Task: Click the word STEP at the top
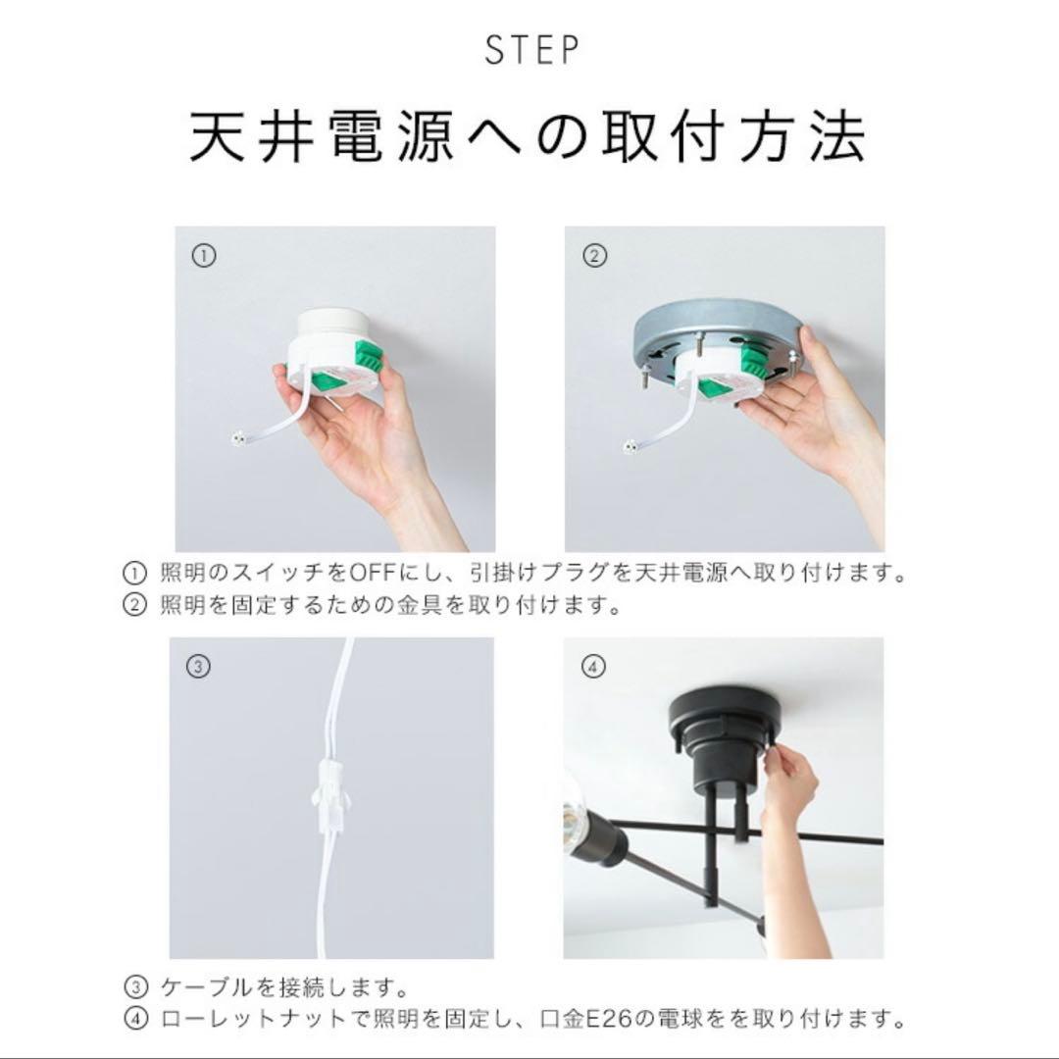[531, 51]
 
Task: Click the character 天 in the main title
[216, 139]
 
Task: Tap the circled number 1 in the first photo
[202, 256]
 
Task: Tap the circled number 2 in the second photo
[594, 256]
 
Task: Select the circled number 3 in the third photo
[198, 667]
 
